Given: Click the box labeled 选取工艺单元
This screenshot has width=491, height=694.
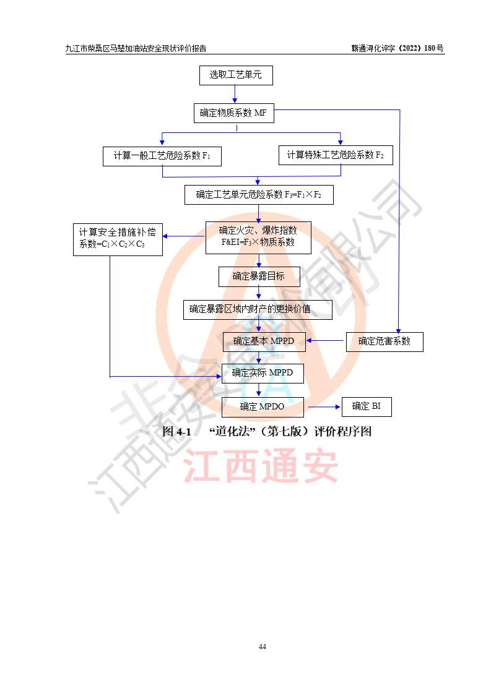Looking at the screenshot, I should (x=235, y=75).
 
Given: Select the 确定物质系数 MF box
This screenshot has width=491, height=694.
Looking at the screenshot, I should (x=233, y=113).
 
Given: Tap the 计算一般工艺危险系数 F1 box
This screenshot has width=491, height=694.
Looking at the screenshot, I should (x=162, y=156).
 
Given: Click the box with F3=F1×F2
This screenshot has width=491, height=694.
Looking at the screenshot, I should (x=259, y=194).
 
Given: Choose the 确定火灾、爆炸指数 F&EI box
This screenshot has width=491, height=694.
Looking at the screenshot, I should (x=258, y=238).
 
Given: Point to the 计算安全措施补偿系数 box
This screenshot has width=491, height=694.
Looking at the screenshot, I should (x=117, y=239).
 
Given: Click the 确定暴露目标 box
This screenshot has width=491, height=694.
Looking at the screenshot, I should (x=259, y=276).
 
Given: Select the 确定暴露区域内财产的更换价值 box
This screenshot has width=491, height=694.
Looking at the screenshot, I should (x=258, y=309).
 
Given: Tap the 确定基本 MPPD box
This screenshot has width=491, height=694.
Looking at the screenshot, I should (x=264, y=341).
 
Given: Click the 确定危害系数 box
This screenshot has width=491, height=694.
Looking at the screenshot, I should (x=384, y=341).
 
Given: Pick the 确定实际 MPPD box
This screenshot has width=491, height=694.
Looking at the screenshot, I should (x=263, y=373).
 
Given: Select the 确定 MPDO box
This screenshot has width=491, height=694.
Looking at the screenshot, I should (x=263, y=406).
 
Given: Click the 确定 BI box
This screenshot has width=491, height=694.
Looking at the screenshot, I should (x=367, y=406).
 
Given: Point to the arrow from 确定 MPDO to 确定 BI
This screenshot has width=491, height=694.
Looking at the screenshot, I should (x=324, y=407).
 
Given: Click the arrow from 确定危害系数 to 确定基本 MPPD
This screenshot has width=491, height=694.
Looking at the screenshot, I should (x=326, y=341).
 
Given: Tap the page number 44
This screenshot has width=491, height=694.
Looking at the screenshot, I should (x=263, y=647).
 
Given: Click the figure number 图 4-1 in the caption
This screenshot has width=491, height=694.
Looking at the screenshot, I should (x=176, y=432).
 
